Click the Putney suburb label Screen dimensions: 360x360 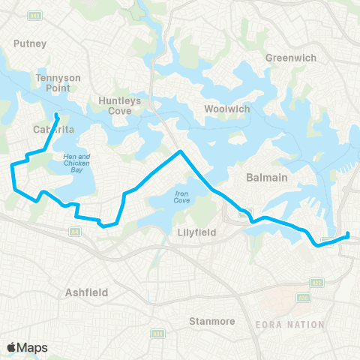point(30,43)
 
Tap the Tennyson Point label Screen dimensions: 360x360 point(52,82)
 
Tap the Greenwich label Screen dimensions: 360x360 point(291,58)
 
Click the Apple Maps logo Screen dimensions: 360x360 point(27,347)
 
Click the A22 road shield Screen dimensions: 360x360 point(317,282)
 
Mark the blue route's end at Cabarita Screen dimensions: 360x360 point(58,115)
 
